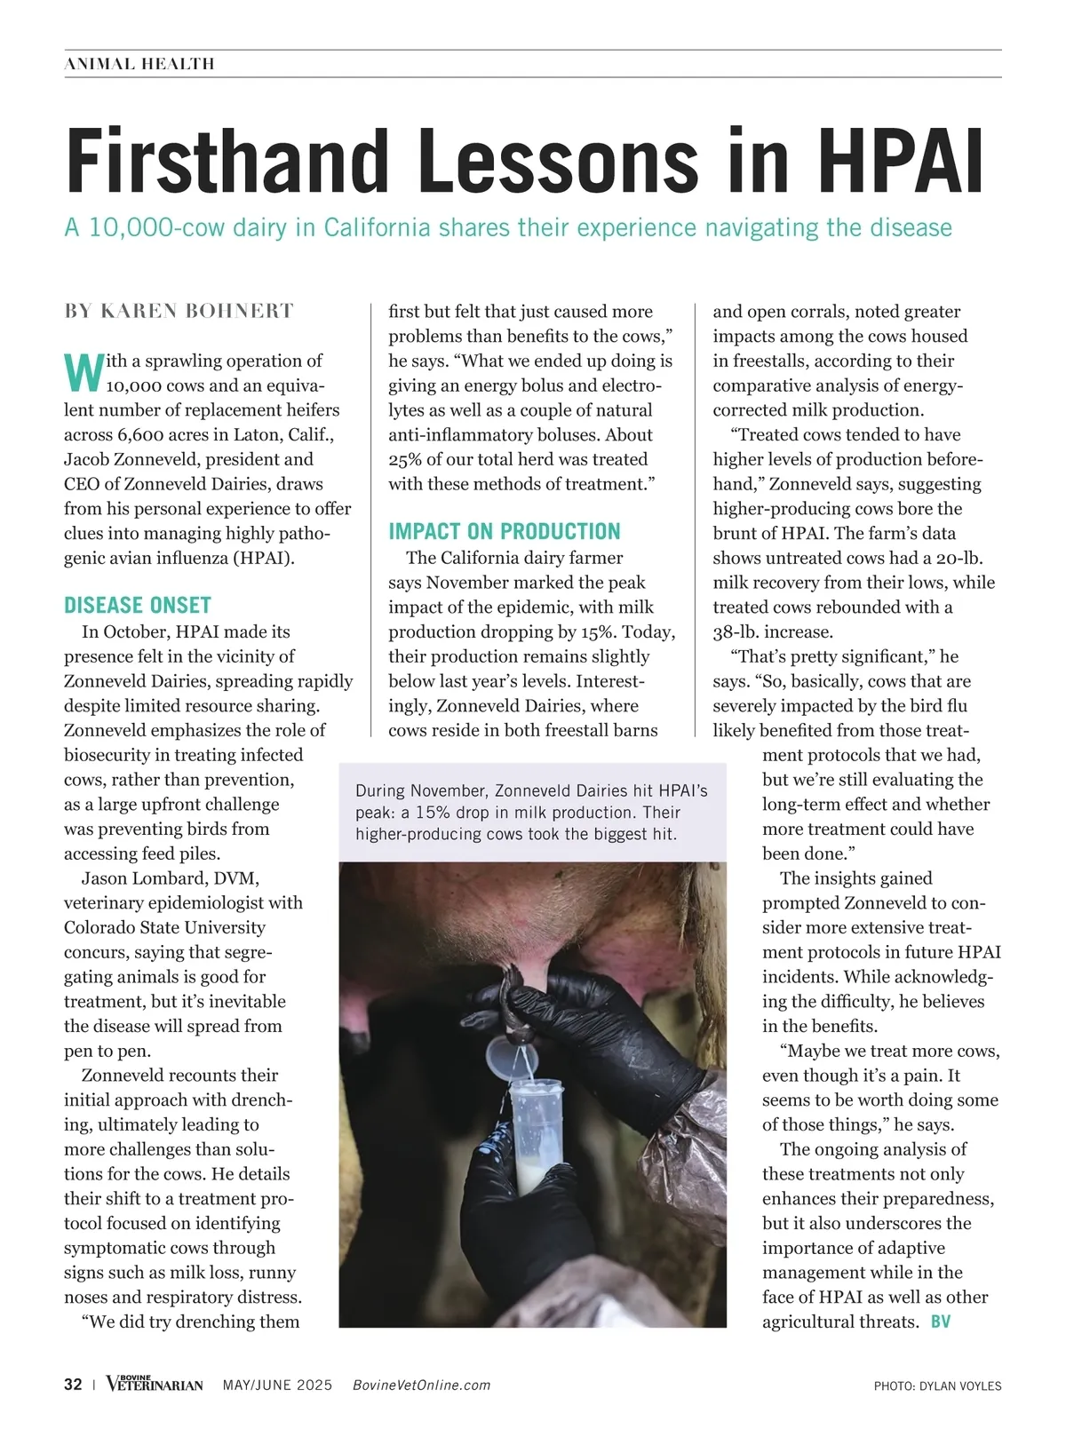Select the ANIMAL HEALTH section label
139,64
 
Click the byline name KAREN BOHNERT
197,311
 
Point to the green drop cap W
83,372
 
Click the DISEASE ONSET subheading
138,606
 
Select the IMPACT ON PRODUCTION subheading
505,532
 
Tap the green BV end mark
941,1322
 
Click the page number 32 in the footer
73,1385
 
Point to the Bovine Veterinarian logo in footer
155,1384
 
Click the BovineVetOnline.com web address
422,1385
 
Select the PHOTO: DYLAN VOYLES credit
937,1385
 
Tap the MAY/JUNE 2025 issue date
278,1385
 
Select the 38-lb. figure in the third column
736,632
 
